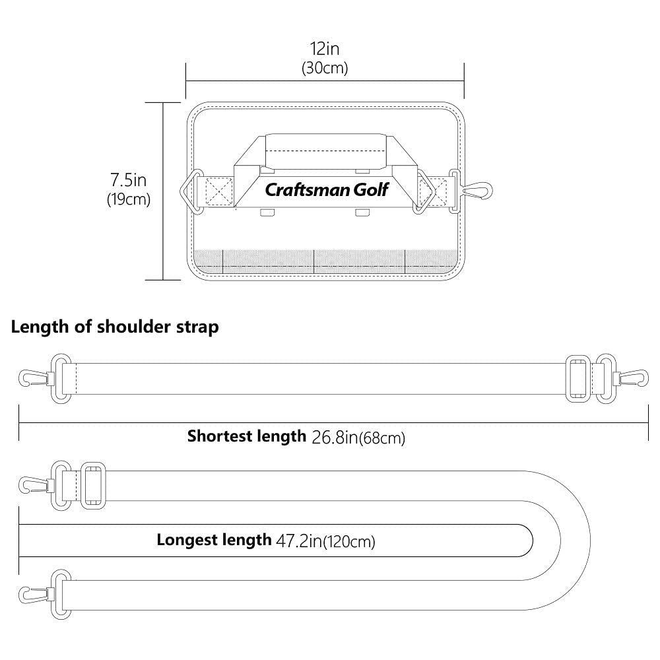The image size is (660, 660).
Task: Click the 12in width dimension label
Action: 325,49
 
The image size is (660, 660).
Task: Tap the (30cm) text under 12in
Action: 325,68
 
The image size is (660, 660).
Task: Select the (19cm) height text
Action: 129,199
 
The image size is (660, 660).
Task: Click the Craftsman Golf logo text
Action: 327,190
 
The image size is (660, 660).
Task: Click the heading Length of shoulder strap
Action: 115,327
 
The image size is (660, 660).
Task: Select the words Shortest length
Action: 247,436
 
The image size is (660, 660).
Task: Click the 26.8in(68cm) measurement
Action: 357,437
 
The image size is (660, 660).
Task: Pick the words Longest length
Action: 214,541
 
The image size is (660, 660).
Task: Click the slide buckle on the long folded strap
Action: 92,486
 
